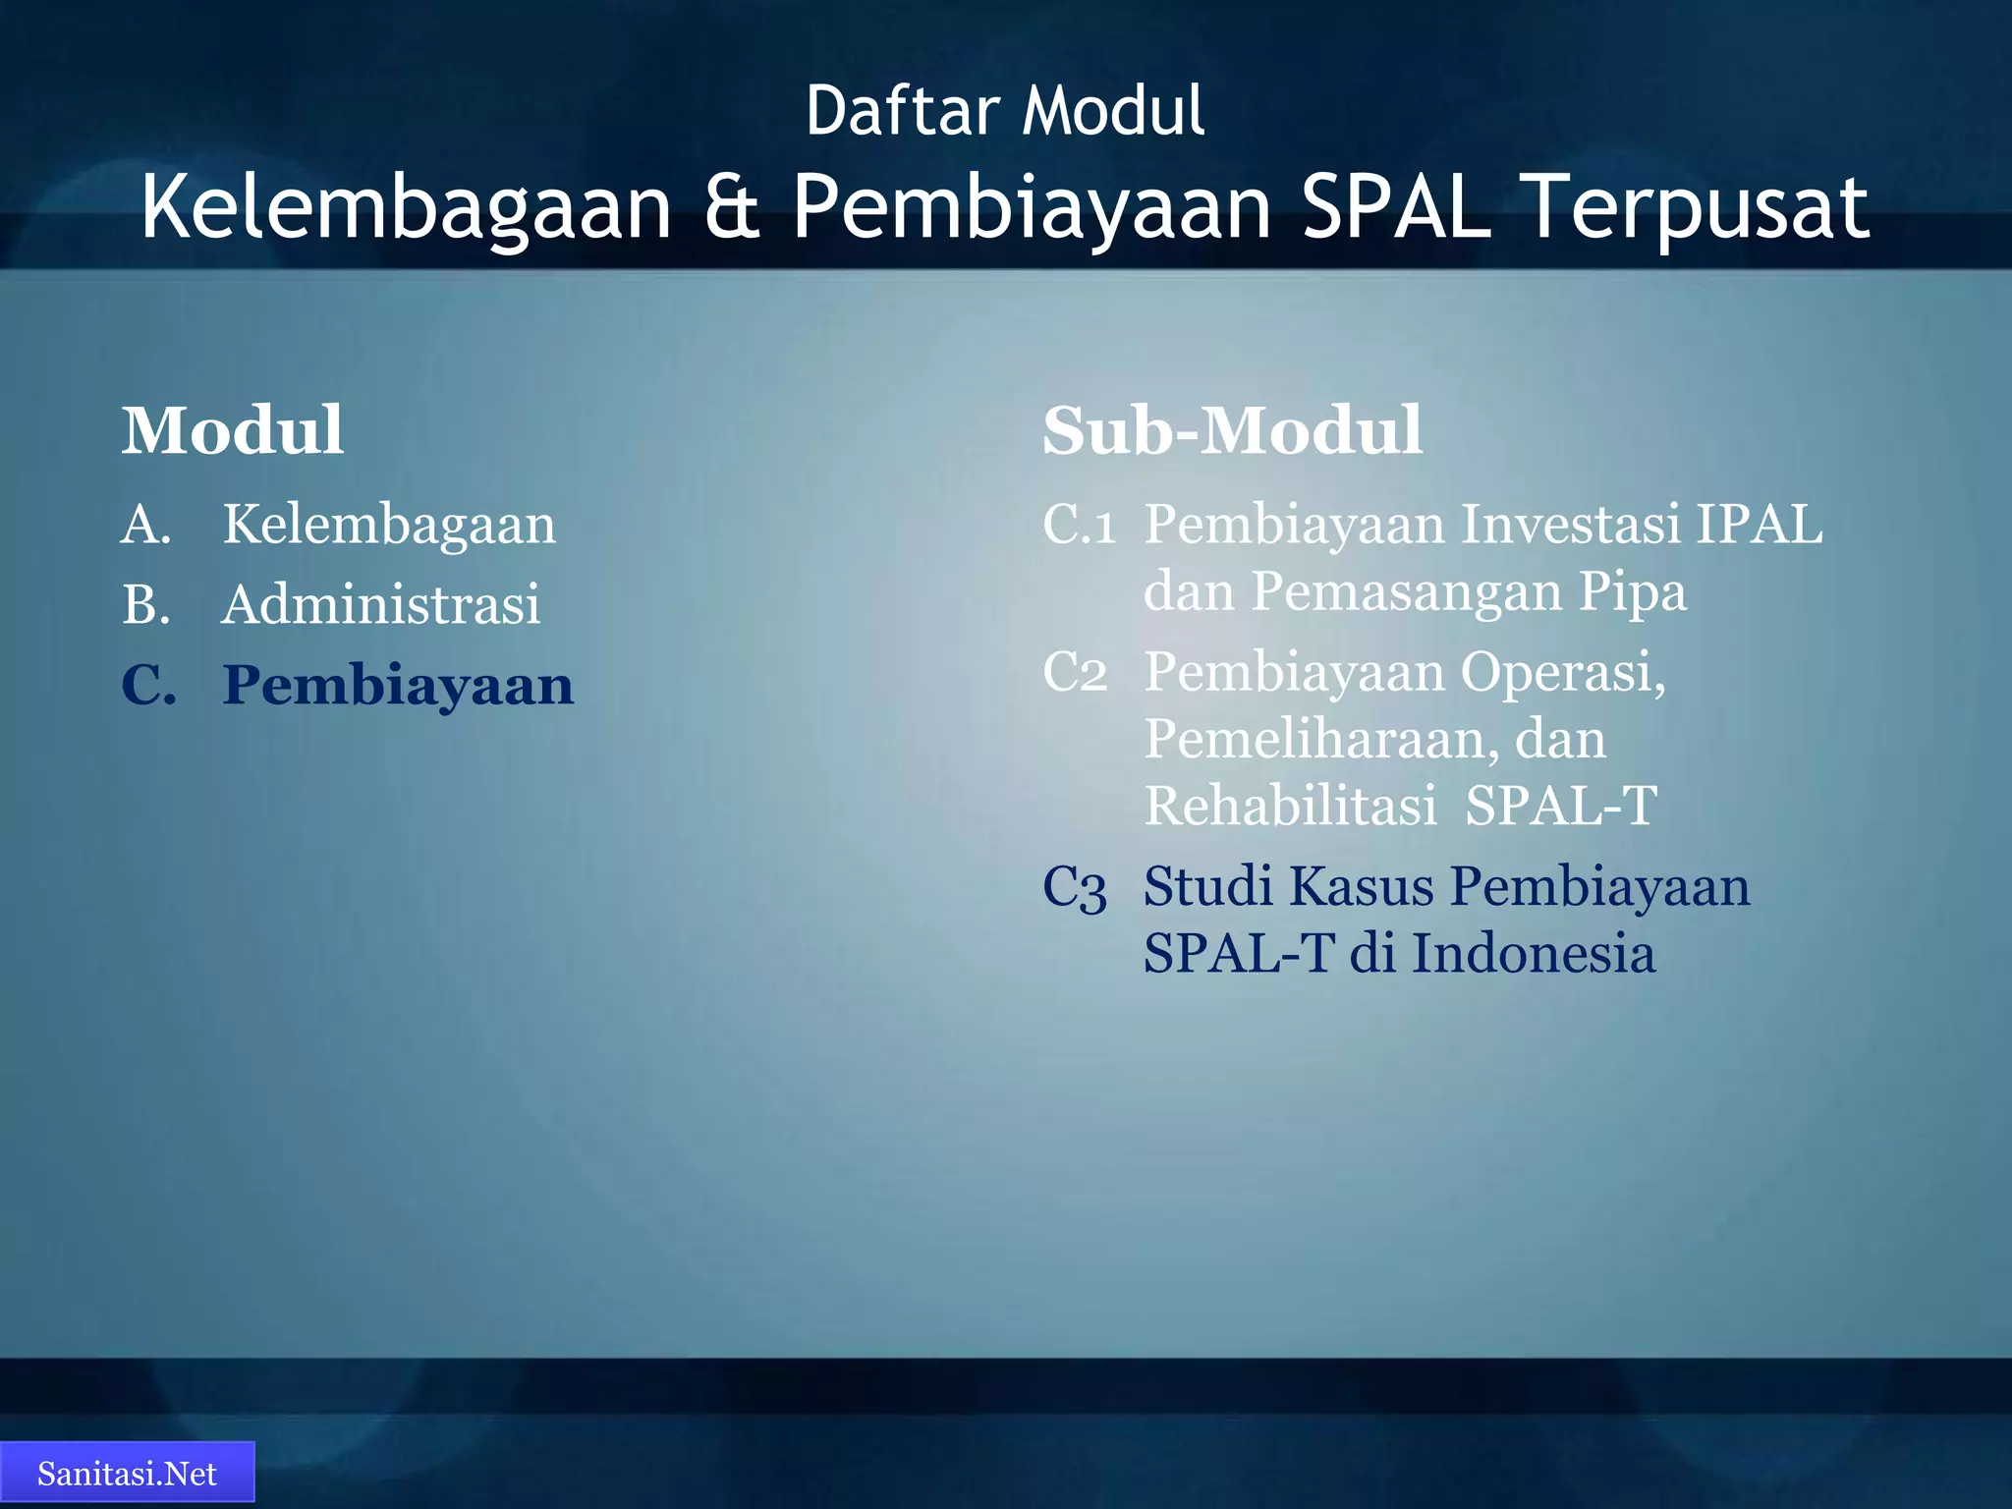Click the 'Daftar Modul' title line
(1005, 110)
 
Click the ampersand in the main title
(732, 208)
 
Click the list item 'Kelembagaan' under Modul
(389, 525)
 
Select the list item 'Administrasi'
(381, 604)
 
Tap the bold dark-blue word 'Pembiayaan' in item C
(398, 685)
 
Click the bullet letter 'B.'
(146, 604)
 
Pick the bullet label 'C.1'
(1079, 525)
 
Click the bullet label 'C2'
(1075, 673)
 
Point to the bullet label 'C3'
(1075, 887)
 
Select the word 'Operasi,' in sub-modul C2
(1562, 673)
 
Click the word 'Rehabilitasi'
(1290, 806)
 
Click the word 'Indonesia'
(1534, 954)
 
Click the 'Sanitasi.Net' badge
(127, 1474)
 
